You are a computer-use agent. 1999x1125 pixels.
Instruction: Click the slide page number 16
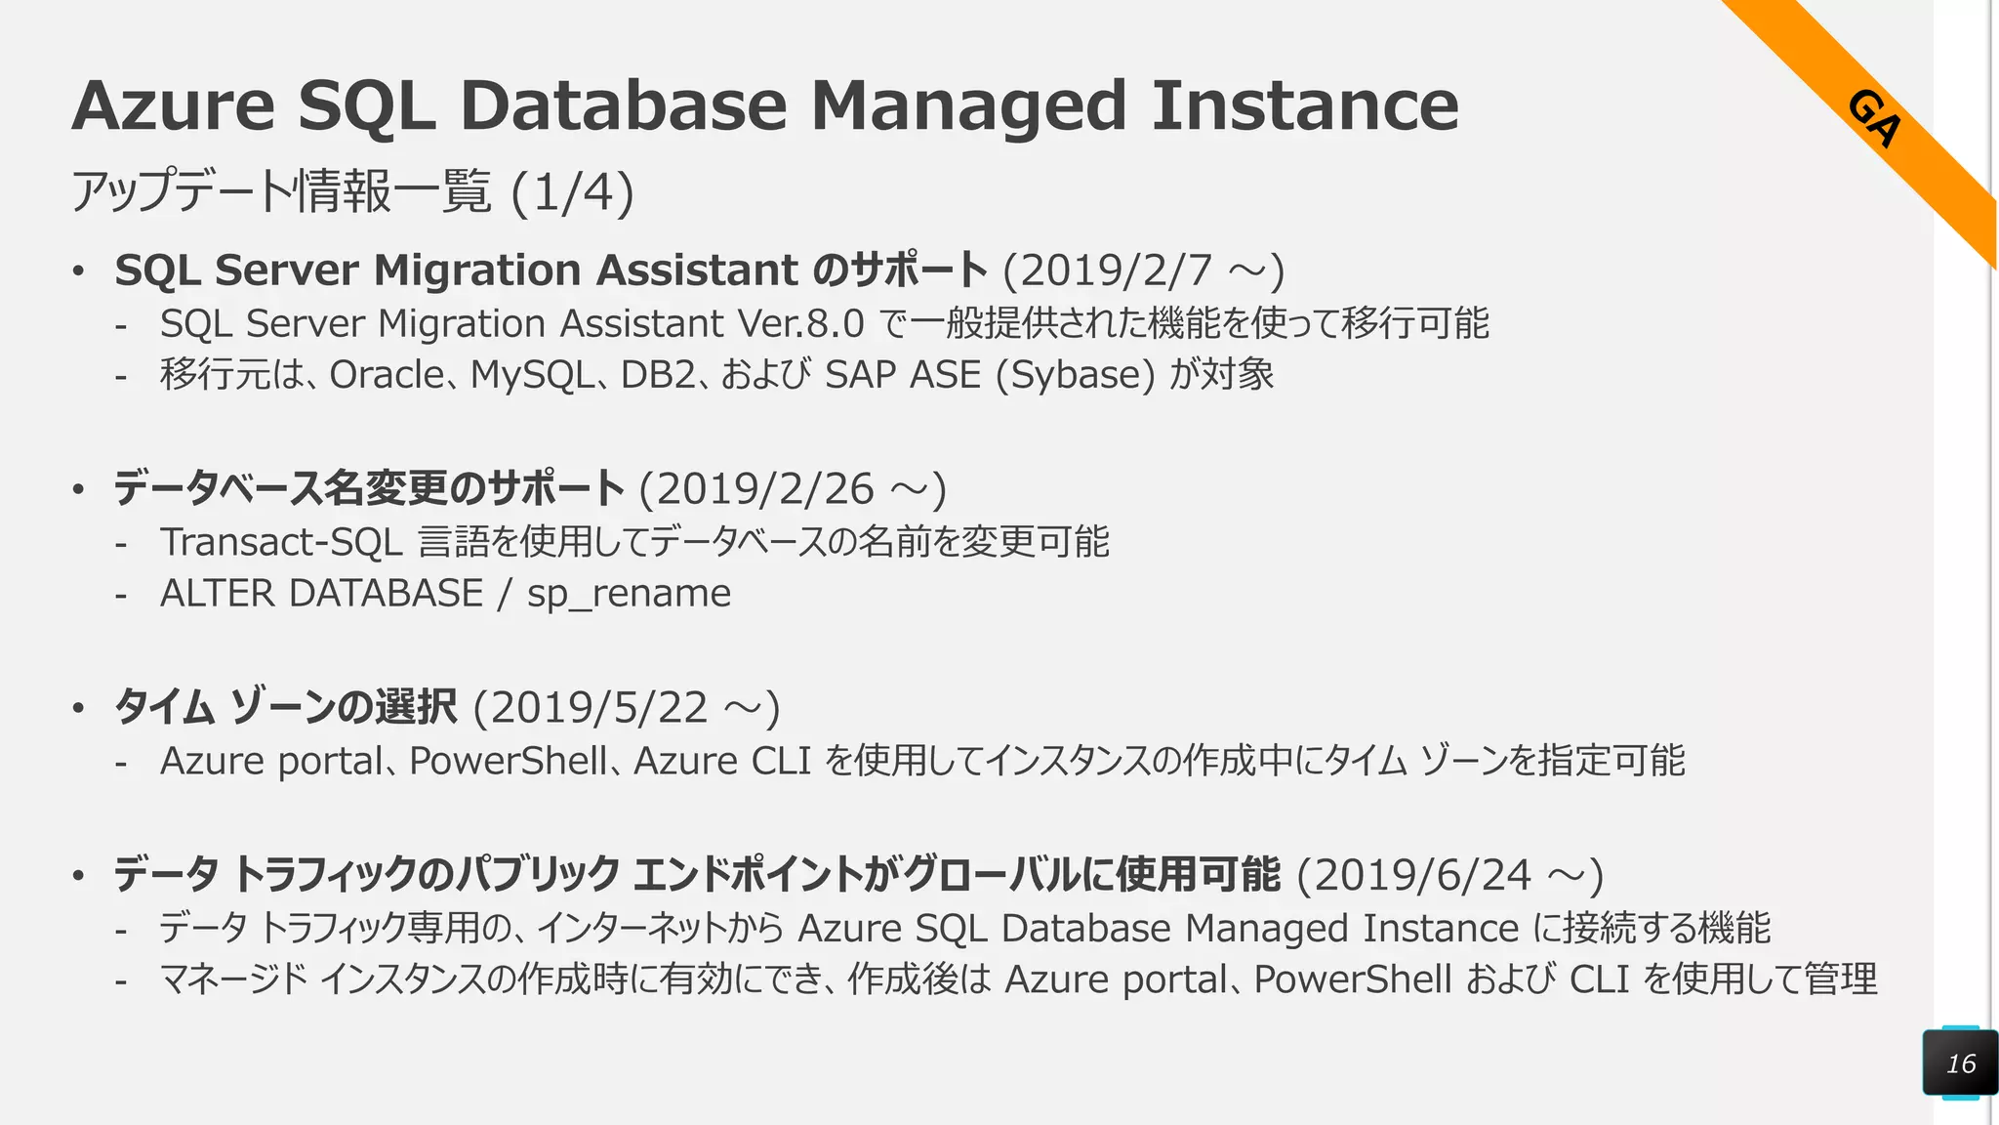pos(1960,1063)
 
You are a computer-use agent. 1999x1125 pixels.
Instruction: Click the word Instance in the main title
pos(1305,105)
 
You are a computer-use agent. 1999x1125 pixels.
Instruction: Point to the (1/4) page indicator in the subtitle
pos(572,191)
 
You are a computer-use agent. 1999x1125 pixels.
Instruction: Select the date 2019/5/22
pos(598,708)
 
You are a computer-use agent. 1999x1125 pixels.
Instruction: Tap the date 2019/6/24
pos(1422,876)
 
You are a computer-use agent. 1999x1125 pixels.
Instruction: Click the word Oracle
pos(387,375)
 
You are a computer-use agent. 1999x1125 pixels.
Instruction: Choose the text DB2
pos(658,375)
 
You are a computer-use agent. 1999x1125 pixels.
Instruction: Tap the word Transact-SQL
pos(281,542)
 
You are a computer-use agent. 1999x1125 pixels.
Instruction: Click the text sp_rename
pos(629,594)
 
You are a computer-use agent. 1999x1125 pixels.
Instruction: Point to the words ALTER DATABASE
pos(321,594)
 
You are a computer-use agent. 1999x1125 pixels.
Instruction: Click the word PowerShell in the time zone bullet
pos(508,761)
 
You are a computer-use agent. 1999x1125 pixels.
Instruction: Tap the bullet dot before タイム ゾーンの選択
pos(78,708)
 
